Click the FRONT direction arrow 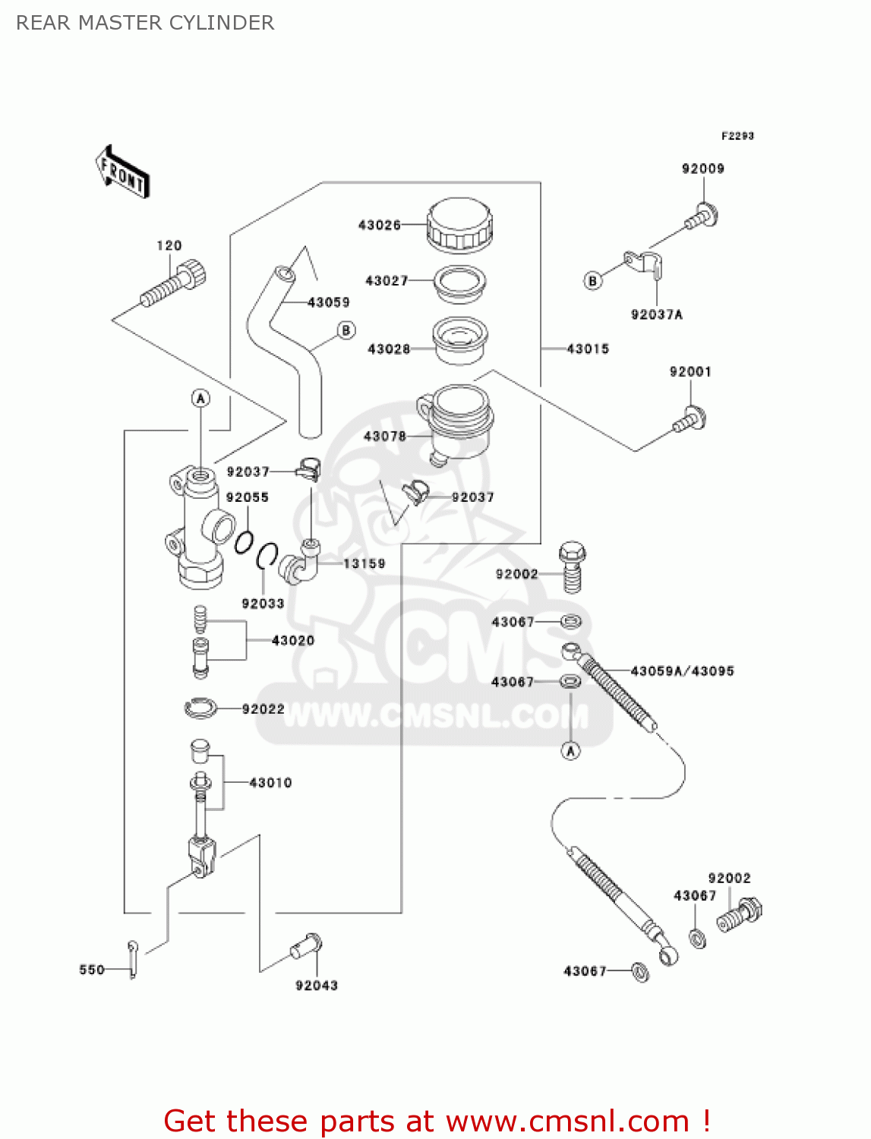122,172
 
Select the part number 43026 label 379,225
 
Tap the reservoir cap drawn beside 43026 460,225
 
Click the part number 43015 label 588,349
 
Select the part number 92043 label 317,986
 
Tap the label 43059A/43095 682,671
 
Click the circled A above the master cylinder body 200,399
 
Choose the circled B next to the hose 346,330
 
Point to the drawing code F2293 737,136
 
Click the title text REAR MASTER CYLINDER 145,23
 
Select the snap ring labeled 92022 200,708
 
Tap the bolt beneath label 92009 702,216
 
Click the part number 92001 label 690,371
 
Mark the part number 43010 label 270,783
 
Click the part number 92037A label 657,314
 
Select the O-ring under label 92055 244,542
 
